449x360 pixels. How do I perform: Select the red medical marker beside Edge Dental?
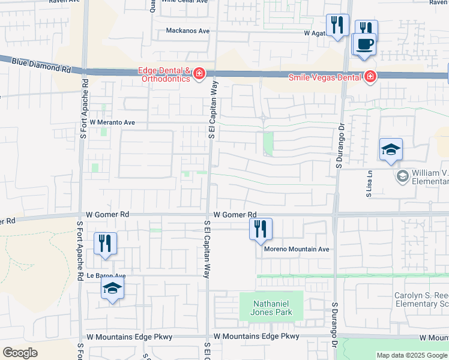pyautogui.click(x=199, y=74)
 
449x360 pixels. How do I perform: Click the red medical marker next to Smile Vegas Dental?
pyautogui.click(x=370, y=77)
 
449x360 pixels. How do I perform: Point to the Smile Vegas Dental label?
pyautogui.click(x=325, y=77)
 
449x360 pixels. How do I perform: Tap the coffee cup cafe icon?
pyautogui.click(x=364, y=44)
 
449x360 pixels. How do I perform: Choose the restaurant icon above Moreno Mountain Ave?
pyautogui.click(x=261, y=229)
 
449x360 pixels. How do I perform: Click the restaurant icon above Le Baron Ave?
pyautogui.click(x=105, y=243)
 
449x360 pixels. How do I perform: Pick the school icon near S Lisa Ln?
pyautogui.click(x=391, y=149)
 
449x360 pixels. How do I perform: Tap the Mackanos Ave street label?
pyautogui.click(x=188, y=31)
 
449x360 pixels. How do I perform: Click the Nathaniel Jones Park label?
pyautogui.click(x=272, y=308)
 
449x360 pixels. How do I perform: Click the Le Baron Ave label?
pyautogui.click(x=106, y=275)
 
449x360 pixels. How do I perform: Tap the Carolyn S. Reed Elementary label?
pyautogui.click(x=421, y=300)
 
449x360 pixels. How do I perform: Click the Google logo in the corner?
pyautogui.click(x=20, y=353)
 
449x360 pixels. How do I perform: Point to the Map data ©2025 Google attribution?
pyautogui.click(x=412, y=355)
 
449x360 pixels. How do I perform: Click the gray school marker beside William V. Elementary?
pyautogui.click(x=402, y=176)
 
